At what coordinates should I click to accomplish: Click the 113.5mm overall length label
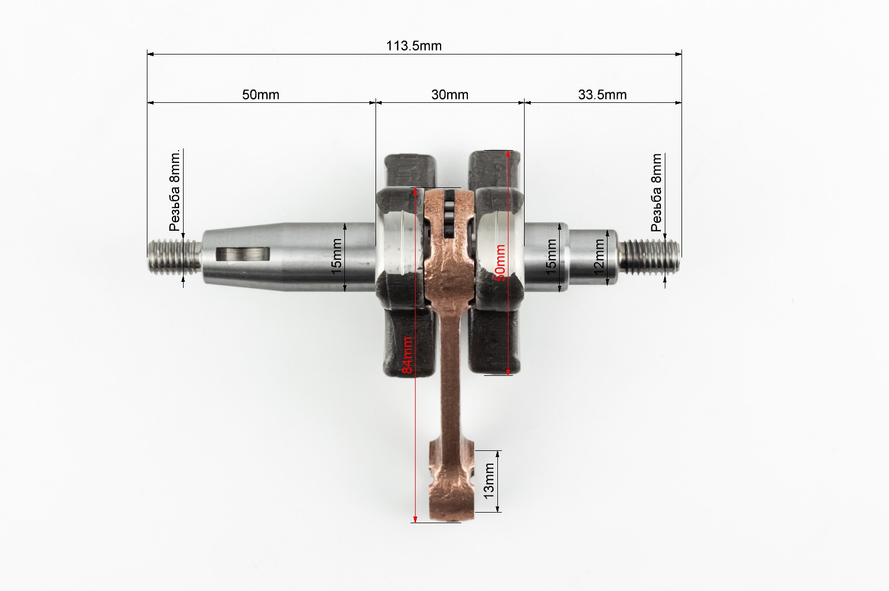414,46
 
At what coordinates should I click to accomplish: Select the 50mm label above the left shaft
261,95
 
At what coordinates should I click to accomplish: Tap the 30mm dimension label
450,95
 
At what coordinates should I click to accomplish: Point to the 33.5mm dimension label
602,95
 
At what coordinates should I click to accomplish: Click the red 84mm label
408,355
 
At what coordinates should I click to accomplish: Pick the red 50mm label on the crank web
500,262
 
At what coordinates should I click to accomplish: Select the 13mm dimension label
489,481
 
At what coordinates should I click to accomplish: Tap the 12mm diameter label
599,257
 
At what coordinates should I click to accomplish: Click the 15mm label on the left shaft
336,256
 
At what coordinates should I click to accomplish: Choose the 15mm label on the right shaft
551,257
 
